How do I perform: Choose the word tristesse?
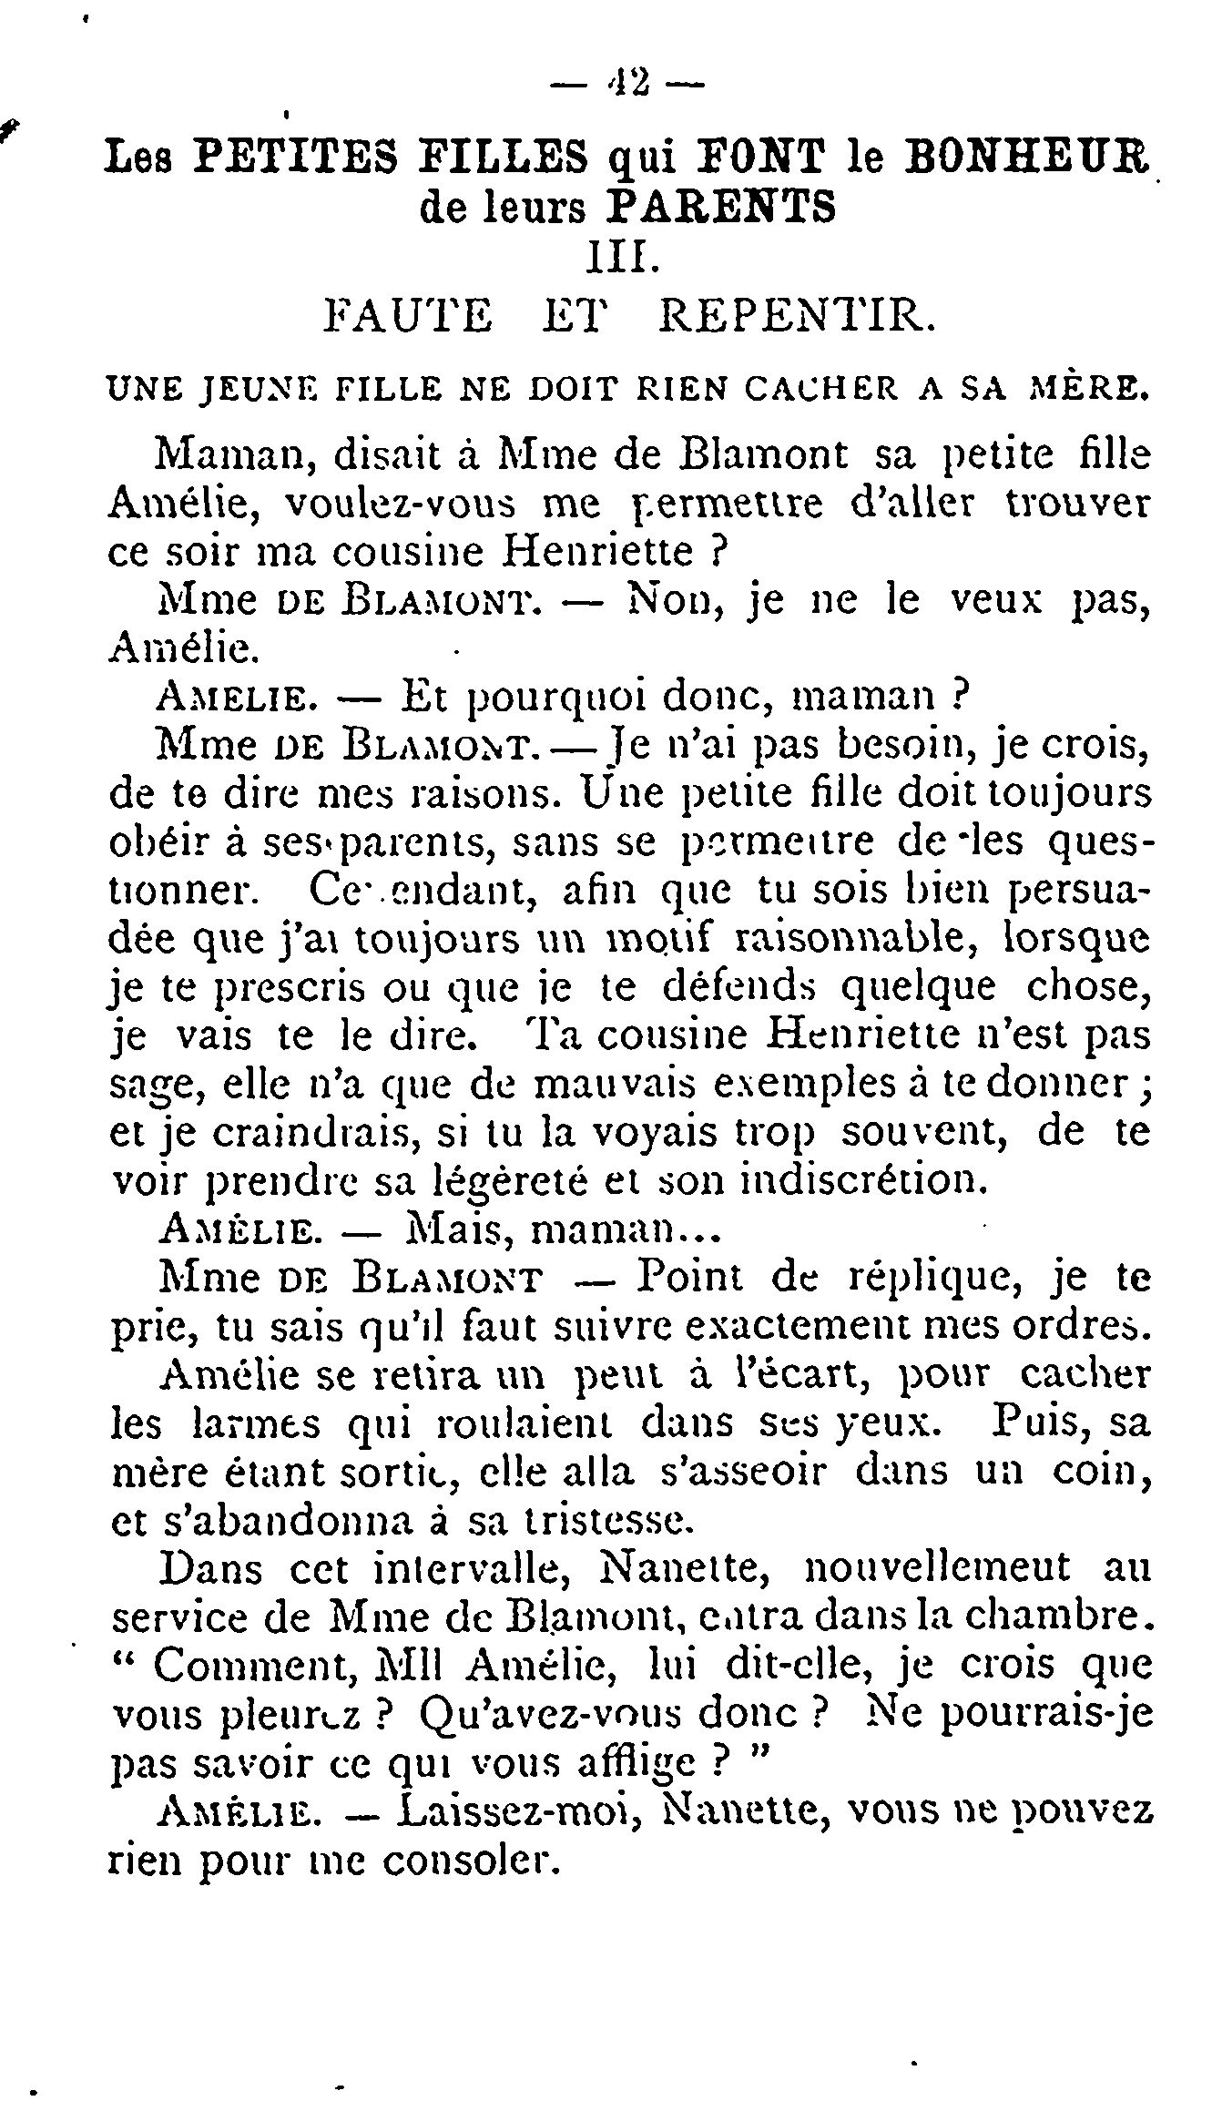[x=620, y=1520]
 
